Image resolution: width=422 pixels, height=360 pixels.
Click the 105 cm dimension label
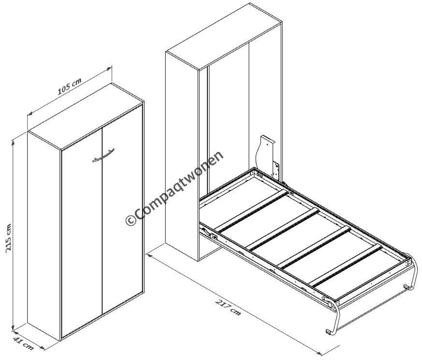[x=70, y=86]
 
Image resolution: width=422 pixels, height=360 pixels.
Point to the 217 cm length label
[x=228, y=307]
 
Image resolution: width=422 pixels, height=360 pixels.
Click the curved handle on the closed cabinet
[x=103, y=156]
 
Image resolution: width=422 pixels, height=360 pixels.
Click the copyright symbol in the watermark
[x=131, y=220]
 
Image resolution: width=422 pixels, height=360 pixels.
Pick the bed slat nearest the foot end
[x=346, y=266]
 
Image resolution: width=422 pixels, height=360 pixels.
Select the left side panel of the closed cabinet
[x=44, y=236]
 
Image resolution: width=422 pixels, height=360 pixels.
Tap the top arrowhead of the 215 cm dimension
[x=13, y=142]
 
